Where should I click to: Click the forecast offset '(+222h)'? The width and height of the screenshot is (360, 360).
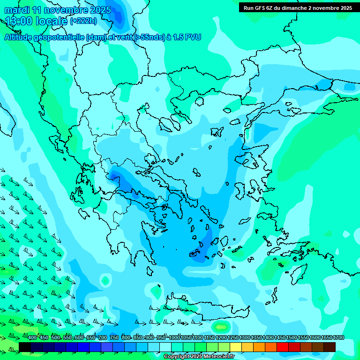[83, 21]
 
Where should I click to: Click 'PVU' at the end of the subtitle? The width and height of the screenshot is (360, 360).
[193, 37]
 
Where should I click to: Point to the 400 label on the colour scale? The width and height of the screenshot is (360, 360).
[32, 337]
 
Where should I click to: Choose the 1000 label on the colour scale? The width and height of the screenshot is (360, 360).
[174, 337]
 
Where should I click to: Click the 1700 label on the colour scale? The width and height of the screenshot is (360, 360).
[338, 337]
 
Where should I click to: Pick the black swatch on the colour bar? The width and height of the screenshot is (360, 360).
[25, 346]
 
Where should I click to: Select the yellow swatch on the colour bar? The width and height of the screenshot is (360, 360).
[236, 346]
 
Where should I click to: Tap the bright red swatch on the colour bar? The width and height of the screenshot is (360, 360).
[283, 346]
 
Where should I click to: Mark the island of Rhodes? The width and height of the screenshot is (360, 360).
[298, 272]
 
